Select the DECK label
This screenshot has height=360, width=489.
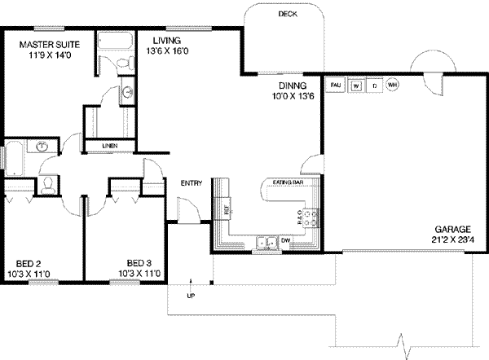[x=287, y=15]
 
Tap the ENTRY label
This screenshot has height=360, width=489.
[x=191, y=182]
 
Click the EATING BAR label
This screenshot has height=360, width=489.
[x=288, y=182]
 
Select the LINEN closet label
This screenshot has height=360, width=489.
[x=110, y=147]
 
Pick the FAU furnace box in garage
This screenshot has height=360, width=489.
[x=335, y=83]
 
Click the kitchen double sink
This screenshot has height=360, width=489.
[x=264, y=241]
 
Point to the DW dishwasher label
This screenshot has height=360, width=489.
[x=286, y=239]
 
